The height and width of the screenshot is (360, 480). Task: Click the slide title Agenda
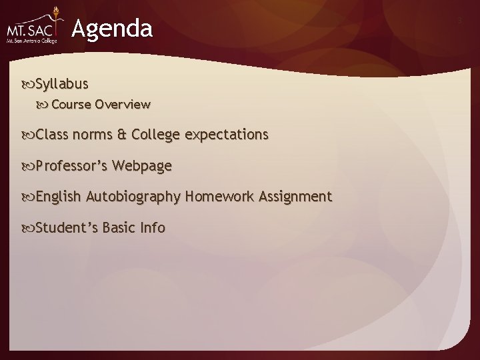point(112,29)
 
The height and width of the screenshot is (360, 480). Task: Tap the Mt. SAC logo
point(33,31)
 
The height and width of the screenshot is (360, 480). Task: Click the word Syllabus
point(61,85)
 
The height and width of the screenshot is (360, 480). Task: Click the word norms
point(93,135)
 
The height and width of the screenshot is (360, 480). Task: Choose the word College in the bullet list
point(156,135)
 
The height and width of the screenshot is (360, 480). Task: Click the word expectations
point(227,135)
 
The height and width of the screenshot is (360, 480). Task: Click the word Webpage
point(142,166)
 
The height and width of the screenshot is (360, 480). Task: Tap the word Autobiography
point(133,197)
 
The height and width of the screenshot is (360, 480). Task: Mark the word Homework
point(219,197)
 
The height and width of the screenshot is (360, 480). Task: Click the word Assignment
point(295,197)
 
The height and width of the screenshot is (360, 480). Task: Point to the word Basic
point(119,227)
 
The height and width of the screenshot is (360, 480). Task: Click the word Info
point(153,227)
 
